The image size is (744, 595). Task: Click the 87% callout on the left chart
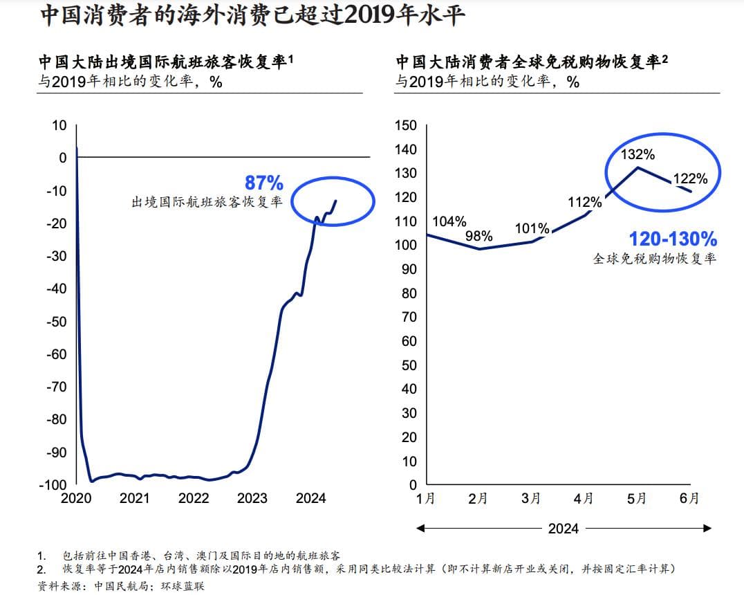(x=263, y=183)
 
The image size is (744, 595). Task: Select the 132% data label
(x=638, y=154)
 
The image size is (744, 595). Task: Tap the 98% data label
(x=478, y=236)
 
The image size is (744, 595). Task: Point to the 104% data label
(x=449, y=221)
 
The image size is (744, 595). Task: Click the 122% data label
(x=691, y=178)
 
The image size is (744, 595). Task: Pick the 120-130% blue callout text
(x=672, y=239)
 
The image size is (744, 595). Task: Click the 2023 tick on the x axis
(x=252, y=498)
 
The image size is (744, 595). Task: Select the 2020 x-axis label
(x=76, y=498)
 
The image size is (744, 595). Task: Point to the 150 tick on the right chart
(x=405, y=125)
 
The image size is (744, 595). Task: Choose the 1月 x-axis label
(x=426, y=498)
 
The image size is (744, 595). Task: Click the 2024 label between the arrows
(x=563, y=529)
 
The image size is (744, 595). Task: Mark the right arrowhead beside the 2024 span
(x=707, y=529)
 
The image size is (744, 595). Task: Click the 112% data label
(x=584, y=202)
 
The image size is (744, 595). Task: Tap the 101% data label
(x=532, y=228)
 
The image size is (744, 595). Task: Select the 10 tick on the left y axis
(x=59, y=125)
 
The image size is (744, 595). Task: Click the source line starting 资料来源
(x=121, y=586)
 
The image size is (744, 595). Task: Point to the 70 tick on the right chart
(x=408, y=317)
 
